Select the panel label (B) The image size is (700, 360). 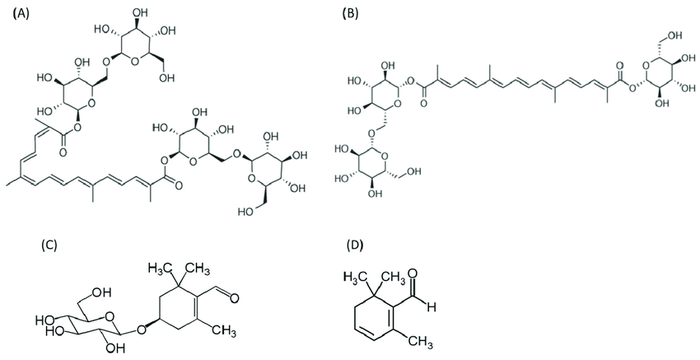[349, 13]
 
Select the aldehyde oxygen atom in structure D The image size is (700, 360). [413, 273]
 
